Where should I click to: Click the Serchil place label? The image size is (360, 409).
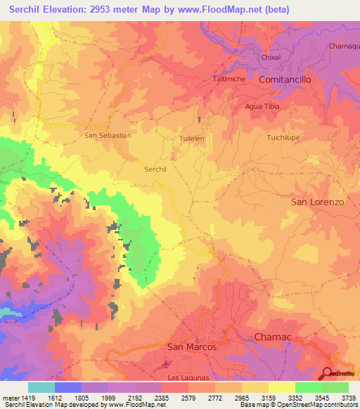(x=155, y=169)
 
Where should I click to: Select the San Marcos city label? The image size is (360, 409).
(x=191, y=346)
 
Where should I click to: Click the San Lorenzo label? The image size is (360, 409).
(x=317, y=202)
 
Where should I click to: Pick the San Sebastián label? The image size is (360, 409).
(x=108, y=135)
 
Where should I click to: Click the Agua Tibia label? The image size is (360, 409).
(x=261, y=106)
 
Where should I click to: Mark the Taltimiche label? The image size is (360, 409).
(x=229, y=79)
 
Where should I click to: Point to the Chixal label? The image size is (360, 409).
(x=271, y=58)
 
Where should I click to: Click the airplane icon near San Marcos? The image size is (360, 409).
(x=165, y=364)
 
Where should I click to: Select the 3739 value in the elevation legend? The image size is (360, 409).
(x=347, y=398)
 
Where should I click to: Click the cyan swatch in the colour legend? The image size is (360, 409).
(x=41, y=387)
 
